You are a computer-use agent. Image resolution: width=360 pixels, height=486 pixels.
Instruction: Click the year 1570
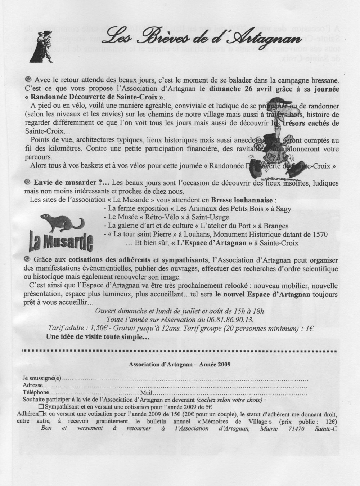319,235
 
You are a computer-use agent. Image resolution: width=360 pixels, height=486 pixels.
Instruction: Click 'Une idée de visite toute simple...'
98,338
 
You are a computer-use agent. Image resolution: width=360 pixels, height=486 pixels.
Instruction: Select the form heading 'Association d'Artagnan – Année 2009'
180,364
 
